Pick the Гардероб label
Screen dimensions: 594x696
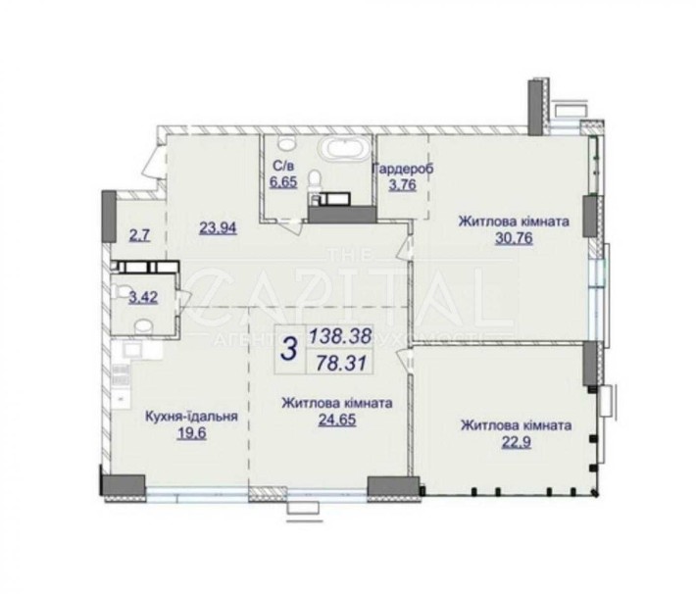tap(402, 169)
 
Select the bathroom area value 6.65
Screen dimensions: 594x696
tap(283, 182)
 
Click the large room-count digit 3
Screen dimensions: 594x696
tap(287, 348)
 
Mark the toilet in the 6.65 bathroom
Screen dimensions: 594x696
tap(316, 181)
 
